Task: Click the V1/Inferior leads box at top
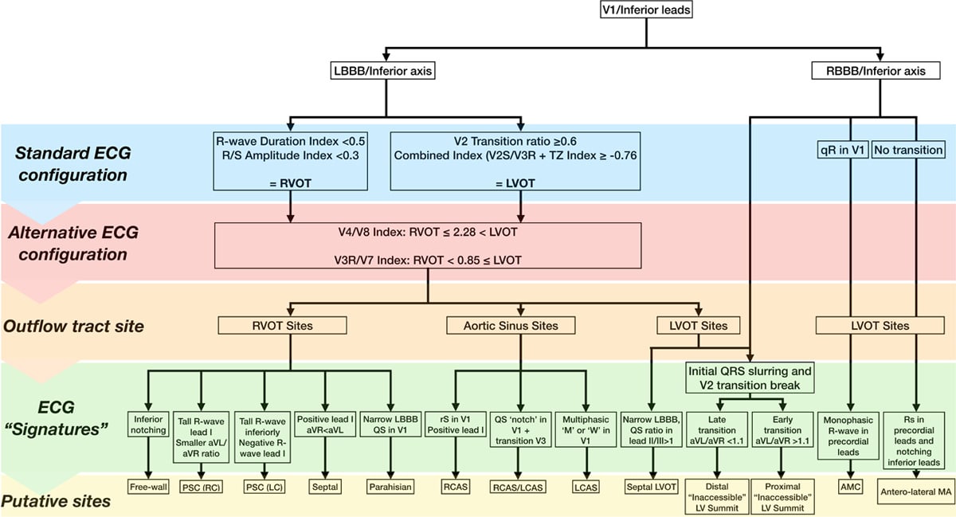(646, 10)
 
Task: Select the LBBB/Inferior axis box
(383, 71)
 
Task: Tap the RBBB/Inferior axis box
(876, 71)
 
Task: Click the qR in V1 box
(843, 150)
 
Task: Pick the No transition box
(908, 150)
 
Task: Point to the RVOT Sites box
(282, 326)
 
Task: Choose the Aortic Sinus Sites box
(511, 326)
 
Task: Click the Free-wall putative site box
(148, 487)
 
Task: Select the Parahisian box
(390, 487)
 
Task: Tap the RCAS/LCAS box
(518, 487)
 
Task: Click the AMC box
(851, 487)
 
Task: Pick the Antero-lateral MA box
(915, 492)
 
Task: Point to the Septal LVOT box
(652, 487)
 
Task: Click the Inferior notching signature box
(148, 425)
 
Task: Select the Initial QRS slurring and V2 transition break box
(750, 378)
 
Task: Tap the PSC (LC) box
(264, 487)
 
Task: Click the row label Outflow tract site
(73, 326)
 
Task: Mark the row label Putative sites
(56, 501)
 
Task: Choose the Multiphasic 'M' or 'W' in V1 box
(586, 430)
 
